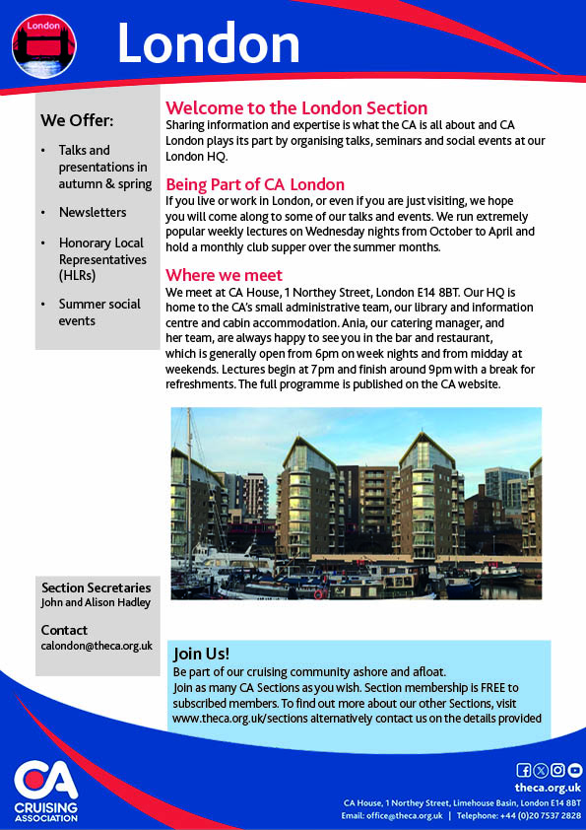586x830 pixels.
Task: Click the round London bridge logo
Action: pos(44,44)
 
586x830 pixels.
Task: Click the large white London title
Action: pos(208,43)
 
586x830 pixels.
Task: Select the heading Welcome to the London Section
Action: pos(295,108)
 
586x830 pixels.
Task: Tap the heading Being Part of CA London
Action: pos(255,184)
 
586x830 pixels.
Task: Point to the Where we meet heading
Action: pos(224,275)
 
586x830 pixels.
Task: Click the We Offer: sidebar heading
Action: pos(77,121)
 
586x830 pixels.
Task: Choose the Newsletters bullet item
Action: pos(93,212)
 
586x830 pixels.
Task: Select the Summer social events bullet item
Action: pos(98,312)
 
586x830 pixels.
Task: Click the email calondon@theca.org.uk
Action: pos(97,646)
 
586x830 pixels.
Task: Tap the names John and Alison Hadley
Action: pos(96,602)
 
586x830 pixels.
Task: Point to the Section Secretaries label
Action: pos(96,588)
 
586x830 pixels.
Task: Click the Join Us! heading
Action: pos(201,654)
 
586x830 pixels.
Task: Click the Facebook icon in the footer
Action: pos(524,770)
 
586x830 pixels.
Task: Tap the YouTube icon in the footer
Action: pos(575,770)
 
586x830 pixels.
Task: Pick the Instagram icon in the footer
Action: pos(557,770)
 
